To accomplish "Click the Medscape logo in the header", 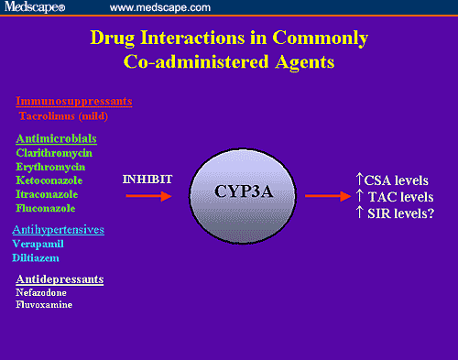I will [x=38, y=7].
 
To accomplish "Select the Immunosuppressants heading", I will [x=74, y=102].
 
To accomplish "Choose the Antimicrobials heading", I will [x=58, y=137].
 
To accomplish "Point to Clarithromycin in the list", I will [x=54, y=153].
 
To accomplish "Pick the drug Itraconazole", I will [x=51, y=194].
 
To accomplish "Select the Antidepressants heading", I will [x=60, y=278].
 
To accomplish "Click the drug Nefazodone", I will [x=40, y=291].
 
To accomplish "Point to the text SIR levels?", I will [x=395, y=213].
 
